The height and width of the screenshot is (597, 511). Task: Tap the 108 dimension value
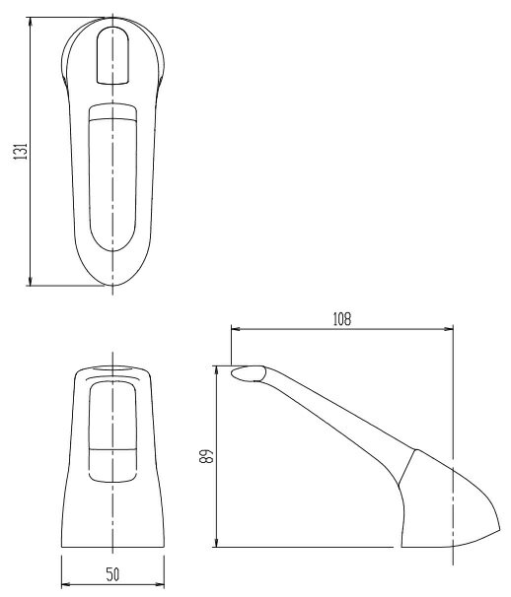[x=341, y=319]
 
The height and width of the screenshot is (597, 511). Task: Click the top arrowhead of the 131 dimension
[x=32, y=20]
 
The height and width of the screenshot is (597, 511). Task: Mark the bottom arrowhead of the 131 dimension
[x=32, y=284]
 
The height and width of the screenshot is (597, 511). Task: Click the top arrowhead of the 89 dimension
[x=217, y=368]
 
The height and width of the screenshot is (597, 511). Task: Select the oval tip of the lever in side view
[x=249, y=372]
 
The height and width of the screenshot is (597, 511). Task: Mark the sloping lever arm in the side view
[x=335, y=414]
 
